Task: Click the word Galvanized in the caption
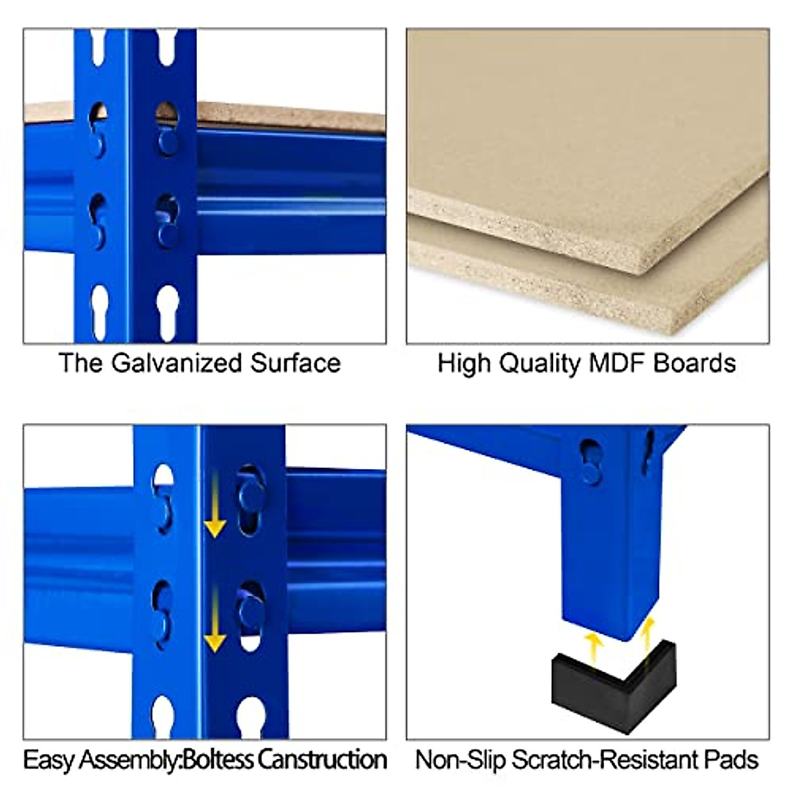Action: [176, 363]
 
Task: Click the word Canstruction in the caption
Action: [321, 760]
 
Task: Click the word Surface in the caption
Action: [295, 363]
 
